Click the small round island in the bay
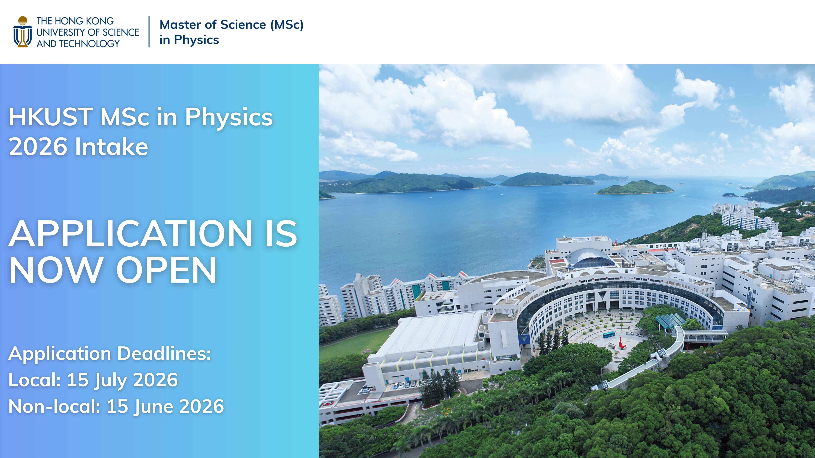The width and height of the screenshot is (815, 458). click(x=635, y=188)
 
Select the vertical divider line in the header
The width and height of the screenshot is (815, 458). click(x=149, y=32)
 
